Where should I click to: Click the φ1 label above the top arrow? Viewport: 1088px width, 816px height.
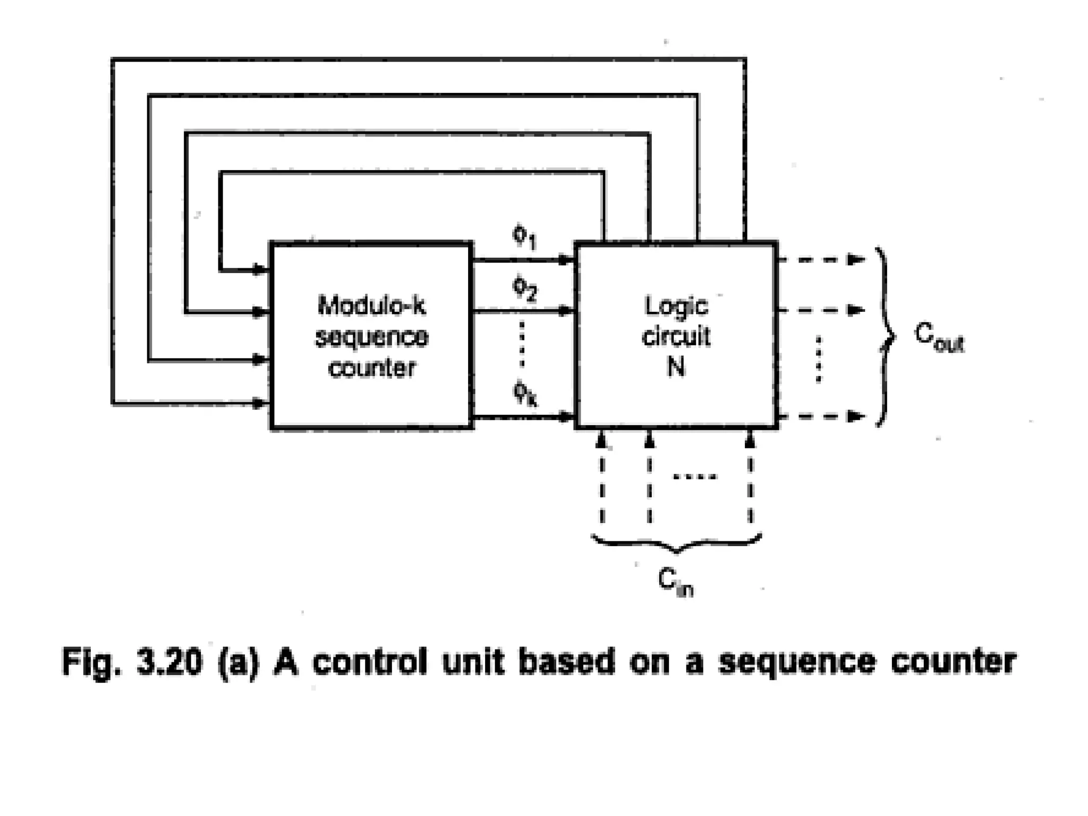524,237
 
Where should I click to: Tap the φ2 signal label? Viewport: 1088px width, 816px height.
524,290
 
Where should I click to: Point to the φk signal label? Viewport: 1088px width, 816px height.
525,394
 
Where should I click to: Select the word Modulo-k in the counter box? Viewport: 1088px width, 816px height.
371,305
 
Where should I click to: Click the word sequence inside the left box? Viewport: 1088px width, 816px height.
371,337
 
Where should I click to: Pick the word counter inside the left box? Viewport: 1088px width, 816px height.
371,368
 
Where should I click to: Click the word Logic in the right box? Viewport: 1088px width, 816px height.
676,306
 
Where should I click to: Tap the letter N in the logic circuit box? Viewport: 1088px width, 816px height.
676,366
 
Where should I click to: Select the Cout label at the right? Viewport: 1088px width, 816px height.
938,337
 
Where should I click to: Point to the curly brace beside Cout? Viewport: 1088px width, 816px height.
885,337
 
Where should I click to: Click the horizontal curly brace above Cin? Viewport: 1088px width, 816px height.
676,542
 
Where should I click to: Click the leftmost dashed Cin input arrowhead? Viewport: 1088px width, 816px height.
601,440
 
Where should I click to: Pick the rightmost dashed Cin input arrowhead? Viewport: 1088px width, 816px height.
750,440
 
